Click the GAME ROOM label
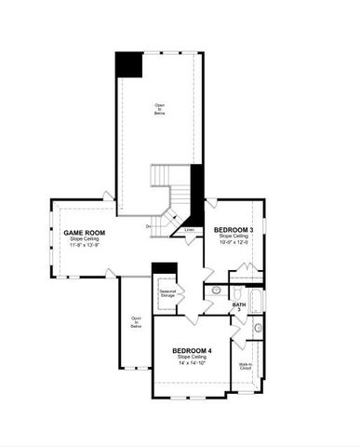pyautogui.click(x=84, y=233)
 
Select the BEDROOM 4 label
pyautogui.click(x=193, y=350)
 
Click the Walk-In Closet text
pyautogui.click(x=246, y=366)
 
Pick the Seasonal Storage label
pyautogui.click(x=167, y=294)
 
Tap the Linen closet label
pyautogui.click(x=189, y=229)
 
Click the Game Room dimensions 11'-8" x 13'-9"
pyautogui.click(x=84, y=247)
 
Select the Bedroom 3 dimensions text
pyautogui.click(x=233, y=243)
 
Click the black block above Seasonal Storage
pyautogui.click(x=164, y=269)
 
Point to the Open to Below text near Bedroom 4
pyautogui.click(x=136, y=321)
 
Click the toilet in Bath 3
pyautogui.click(x=217, y=291)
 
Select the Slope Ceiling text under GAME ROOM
pyautogui.click(x=84, y=239)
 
